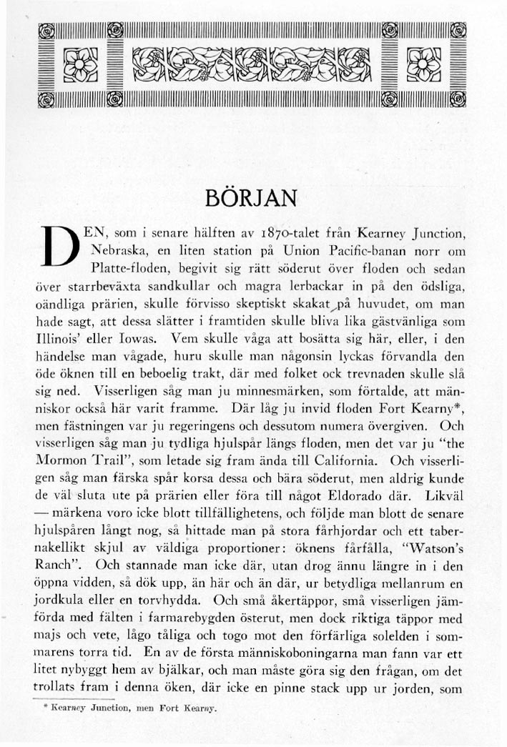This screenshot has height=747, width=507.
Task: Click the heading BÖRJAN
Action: pyautogui.click(x=254, y=197)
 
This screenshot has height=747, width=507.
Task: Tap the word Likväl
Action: pyautogui.click(x=445, y=494)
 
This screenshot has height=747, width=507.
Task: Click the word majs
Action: pyautogui.click(x=47, y=634)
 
